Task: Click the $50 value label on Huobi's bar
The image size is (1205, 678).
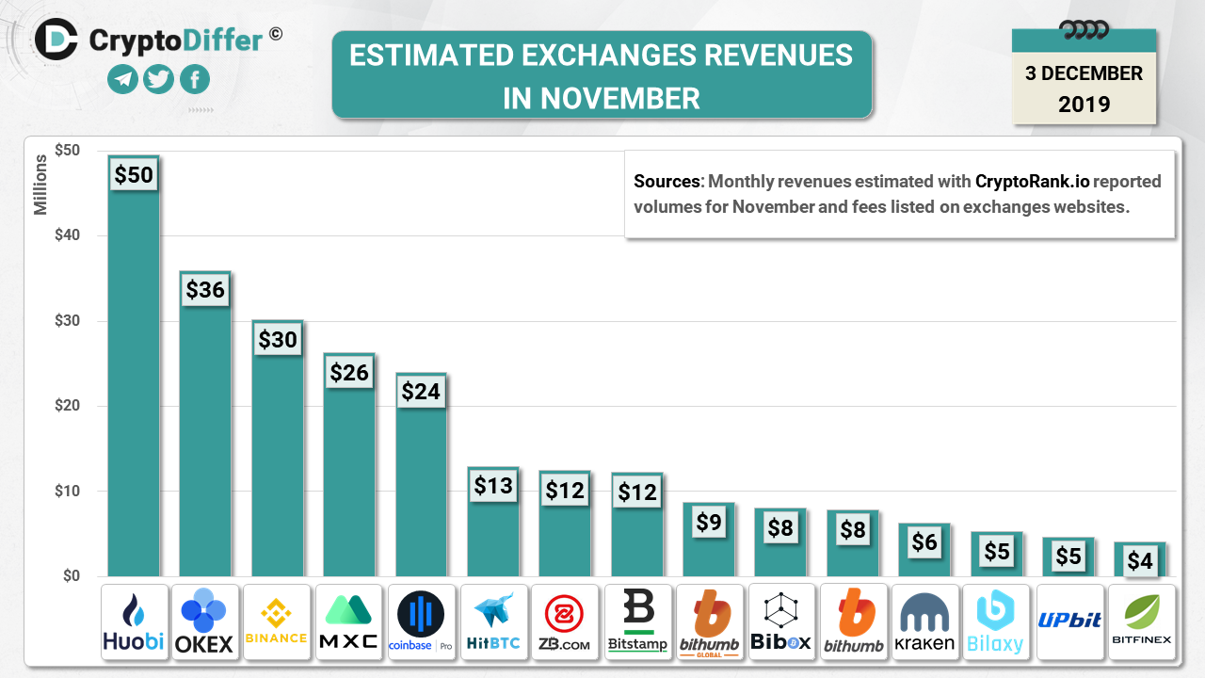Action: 133,174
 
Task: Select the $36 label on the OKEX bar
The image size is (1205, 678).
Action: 205,289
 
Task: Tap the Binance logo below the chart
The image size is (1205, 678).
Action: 276,621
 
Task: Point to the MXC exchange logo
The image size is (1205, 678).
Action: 349,621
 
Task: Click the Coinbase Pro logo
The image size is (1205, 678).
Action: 421,621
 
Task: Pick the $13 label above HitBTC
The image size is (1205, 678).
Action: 493,486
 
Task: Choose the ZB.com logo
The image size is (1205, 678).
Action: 565,621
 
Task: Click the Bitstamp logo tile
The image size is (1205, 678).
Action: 637,621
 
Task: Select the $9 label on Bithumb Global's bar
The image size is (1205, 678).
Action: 709,521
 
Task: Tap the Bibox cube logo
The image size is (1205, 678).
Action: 780,621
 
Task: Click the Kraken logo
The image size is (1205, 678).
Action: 925,621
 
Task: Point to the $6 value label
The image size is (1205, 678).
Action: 924,541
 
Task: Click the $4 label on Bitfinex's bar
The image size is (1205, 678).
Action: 1140,561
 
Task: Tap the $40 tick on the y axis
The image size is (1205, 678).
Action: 67,235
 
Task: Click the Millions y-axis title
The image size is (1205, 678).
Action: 41,185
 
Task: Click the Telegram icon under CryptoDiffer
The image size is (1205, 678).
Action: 122,79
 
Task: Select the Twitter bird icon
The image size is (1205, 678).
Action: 158,79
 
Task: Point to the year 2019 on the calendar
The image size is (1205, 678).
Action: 1084,104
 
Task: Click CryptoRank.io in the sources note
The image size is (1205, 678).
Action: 1032,181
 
